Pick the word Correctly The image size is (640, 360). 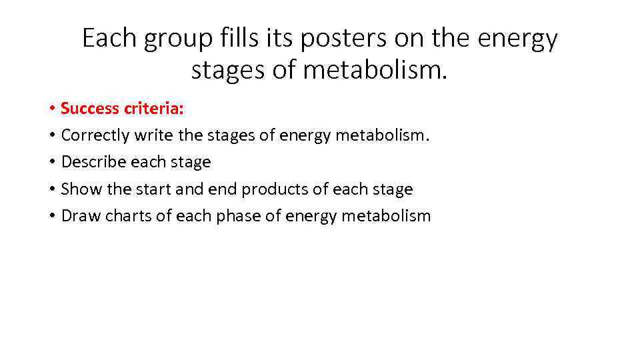pyautogui.click(x=95, y=135)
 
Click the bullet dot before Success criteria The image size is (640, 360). pyautogui.click(x=51, y=109)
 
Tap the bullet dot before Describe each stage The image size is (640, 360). pyautogui.click(x=51, y=163)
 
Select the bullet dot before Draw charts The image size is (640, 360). pyautogui.click(x=51, y=217)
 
